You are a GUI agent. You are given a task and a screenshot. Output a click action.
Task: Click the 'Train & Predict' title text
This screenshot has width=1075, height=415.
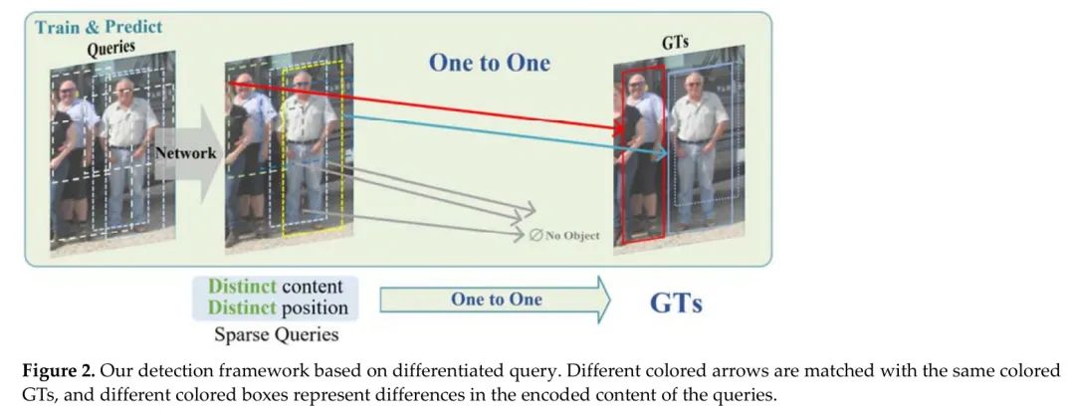(99, 28)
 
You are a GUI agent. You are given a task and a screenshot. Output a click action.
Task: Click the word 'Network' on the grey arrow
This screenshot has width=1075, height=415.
(185, 153)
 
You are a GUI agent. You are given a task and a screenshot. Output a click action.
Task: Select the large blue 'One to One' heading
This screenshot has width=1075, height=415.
(490, 63)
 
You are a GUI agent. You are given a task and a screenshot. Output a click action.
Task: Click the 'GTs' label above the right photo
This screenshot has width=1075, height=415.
(675, 43)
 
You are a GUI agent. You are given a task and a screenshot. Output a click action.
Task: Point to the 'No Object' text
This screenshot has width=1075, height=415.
(572, 235)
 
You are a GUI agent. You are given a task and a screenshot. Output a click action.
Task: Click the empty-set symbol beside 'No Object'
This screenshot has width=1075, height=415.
(536, 235)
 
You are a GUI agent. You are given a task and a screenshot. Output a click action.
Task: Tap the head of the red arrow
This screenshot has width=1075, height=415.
(618, 128)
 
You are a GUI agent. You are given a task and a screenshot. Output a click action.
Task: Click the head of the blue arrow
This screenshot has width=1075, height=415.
(661, 155)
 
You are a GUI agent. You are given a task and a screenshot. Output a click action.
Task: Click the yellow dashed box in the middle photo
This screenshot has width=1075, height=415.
(283, 151)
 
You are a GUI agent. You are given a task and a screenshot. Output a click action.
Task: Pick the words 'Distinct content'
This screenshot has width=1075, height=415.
(275, 286)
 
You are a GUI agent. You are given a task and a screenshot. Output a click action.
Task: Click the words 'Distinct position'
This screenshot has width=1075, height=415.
(278, 307)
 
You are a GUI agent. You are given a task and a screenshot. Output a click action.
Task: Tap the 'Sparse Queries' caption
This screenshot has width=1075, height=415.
(277, 334)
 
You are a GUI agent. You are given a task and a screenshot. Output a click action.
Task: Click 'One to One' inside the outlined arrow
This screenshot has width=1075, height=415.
(497, 300)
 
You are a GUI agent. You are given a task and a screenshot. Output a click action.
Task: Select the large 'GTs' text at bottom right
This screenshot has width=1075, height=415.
(676, 304)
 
